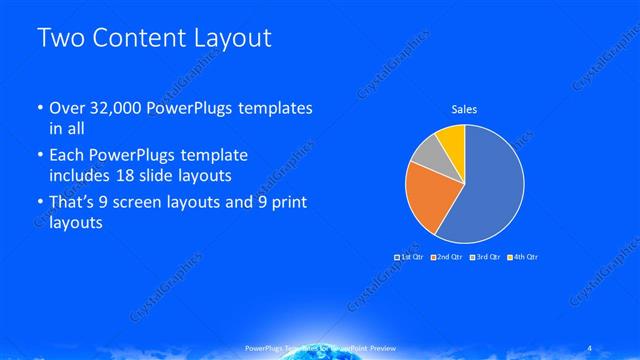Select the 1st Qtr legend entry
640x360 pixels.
coord(409,257)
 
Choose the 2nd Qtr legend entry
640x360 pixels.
coord(446,257)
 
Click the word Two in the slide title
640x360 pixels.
coord(58,38)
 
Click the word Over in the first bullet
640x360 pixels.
coord(67,109)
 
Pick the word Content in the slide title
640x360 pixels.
coord(136,38)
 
